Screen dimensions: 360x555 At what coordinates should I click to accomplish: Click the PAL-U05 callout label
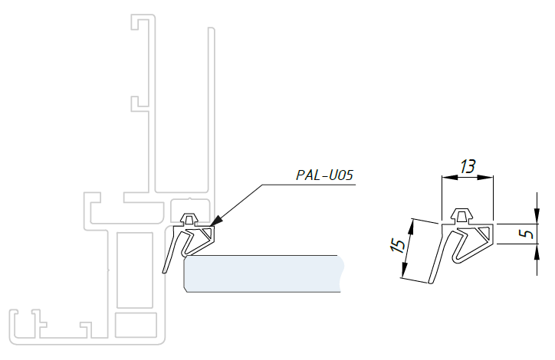(x=324, y=175)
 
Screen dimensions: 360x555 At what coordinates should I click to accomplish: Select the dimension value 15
(x=397, y=247)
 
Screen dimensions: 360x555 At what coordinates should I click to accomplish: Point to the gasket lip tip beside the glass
(x=166, y=270)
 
